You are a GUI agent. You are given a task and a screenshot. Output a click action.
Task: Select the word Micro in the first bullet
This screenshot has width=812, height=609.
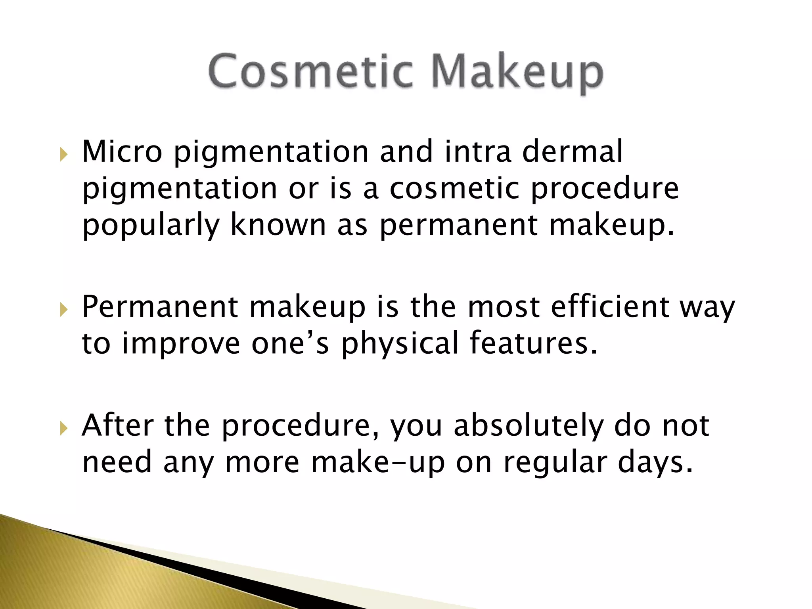122,151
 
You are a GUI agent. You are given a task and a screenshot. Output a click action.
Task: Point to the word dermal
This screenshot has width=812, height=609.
572,151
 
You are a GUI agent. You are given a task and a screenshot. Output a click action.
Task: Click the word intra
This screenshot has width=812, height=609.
477,151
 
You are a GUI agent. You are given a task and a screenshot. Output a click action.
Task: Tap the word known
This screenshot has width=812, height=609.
278,224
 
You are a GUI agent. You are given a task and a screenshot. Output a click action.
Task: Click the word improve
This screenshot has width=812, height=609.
181,344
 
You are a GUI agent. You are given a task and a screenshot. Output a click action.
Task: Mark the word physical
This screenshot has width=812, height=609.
400,344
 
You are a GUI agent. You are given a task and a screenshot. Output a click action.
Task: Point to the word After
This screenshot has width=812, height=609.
117,425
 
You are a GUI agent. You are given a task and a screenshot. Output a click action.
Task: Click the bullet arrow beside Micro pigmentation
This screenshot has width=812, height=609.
63,154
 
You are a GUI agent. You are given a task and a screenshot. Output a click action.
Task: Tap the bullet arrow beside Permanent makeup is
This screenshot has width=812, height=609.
63,309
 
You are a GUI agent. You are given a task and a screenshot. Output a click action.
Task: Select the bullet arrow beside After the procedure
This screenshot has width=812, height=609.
63,428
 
